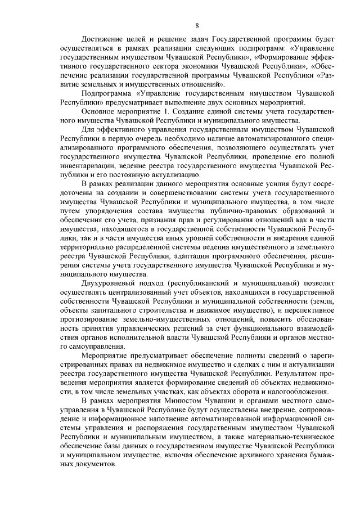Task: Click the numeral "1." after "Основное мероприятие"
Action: [165, 111]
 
